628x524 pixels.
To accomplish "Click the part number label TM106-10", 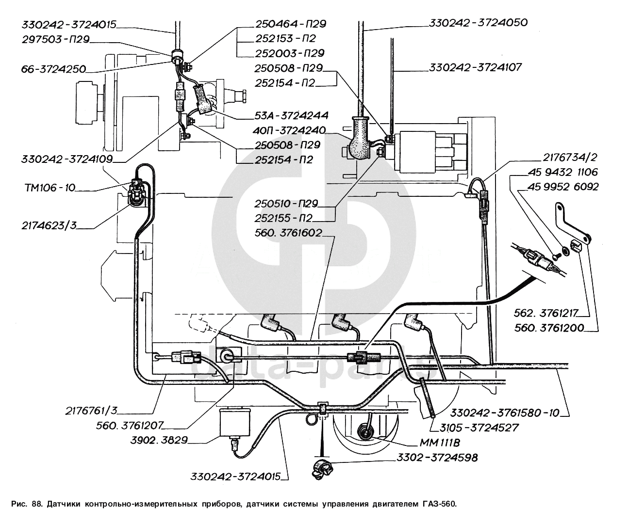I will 50,188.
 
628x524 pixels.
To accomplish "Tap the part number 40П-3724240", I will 289,130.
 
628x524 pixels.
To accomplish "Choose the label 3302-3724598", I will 438,457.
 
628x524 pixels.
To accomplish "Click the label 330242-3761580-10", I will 505,413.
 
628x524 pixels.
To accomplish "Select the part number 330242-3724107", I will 475,67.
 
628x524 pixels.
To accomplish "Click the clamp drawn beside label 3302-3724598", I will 321,469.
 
